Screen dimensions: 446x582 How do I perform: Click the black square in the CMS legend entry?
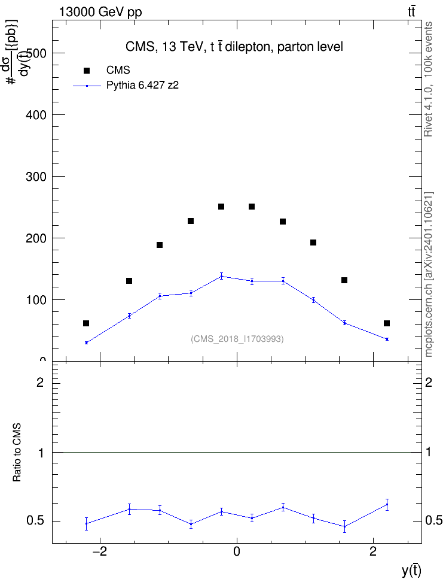[x=87, y=71]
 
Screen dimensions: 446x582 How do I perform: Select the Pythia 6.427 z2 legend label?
[x=142, y=86]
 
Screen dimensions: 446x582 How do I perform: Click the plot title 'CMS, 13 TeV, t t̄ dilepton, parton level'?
[x=234, y=47]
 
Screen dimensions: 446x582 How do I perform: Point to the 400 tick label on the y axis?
[x=36, y=115]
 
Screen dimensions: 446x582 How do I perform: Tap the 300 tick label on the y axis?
[x=36, y=177]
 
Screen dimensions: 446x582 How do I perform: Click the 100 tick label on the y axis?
[x=36, y=300]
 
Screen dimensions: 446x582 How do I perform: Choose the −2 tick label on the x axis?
[x=99, y=551]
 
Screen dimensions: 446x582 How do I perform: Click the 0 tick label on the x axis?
[x=237, y=551]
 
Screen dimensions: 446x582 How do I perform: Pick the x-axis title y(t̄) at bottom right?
[x=411, y=571]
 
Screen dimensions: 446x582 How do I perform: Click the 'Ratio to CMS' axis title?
[x=17, y=453]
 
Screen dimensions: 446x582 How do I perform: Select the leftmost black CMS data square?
[x=86, y=323]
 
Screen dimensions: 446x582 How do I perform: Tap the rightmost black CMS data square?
[x=387, y=323]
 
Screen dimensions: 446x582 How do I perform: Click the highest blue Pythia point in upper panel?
[x=221, y=276]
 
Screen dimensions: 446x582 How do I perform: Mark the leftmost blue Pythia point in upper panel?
[x=86, y=342]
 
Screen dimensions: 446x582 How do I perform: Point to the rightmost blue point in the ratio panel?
[x=387, y=504]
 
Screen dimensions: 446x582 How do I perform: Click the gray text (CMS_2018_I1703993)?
[x=237, y=339]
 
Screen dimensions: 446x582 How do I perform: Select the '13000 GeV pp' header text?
[x=100, y=12]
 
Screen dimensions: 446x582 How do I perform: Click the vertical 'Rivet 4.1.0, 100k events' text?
[x=428, y=80]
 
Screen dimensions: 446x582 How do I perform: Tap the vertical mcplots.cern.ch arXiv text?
[x=428, y=274]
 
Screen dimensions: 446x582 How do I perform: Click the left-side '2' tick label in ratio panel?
[x=40, y=382]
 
